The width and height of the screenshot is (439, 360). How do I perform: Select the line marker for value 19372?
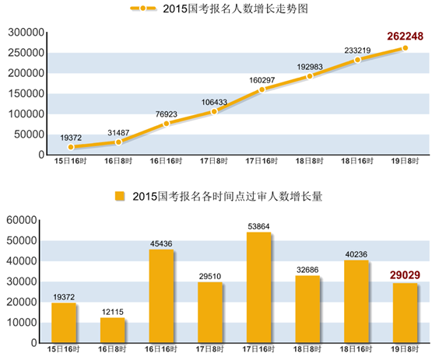click(71, 147)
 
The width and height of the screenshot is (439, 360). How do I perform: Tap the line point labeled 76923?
click(166, 124)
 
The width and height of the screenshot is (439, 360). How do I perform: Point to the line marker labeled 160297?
click(262, 89)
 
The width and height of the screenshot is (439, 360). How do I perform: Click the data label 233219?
click(357, 49)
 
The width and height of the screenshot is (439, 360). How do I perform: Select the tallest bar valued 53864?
click(258, 287)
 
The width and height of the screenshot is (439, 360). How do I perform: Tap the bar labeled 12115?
click(113, 330)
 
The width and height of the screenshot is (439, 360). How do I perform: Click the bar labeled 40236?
click(355, 301)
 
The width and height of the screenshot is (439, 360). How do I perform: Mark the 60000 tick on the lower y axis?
click(23, 220)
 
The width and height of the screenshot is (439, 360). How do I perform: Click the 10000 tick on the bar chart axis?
click(23, 322)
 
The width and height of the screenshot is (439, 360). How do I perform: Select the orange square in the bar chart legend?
click(120, 196)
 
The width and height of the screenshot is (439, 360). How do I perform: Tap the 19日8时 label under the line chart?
click(405, 161)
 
